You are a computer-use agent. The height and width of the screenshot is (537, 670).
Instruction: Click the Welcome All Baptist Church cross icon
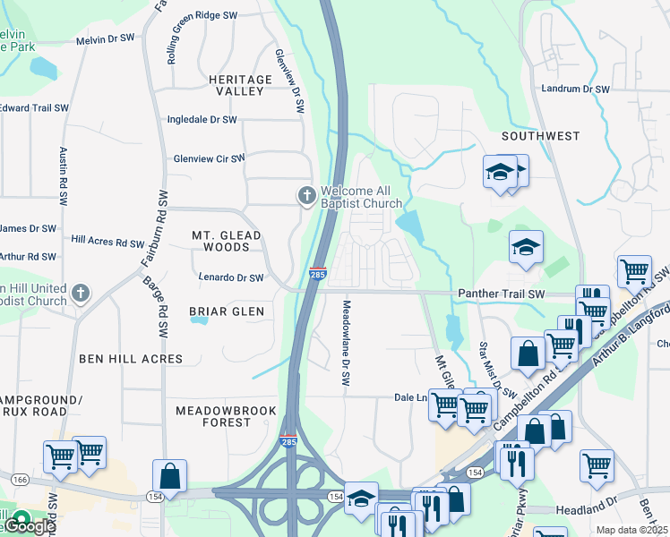[306, 195]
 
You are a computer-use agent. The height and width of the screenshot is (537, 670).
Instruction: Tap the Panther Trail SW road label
[501, 294]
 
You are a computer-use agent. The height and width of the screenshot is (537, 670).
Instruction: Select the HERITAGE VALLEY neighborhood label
[240, 86]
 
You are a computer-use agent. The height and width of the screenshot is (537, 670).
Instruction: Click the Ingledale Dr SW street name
[202, 119]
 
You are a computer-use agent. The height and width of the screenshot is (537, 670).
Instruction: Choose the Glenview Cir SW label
[209, 158]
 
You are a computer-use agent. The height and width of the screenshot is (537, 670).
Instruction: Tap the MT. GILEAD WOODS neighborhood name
[227, 241]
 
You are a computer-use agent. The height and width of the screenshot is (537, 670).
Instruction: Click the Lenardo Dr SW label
[231, 277]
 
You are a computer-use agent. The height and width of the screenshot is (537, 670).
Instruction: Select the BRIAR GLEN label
[226, 311]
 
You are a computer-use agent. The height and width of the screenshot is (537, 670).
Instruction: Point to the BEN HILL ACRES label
[131, 359]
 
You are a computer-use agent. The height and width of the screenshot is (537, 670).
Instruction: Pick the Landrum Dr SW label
[575, 89]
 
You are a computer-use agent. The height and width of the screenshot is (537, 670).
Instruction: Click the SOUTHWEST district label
[540, 136]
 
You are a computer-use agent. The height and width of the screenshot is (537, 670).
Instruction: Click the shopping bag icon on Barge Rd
[169, 477]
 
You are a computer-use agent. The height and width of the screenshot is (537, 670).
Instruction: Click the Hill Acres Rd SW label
[107, 243]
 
